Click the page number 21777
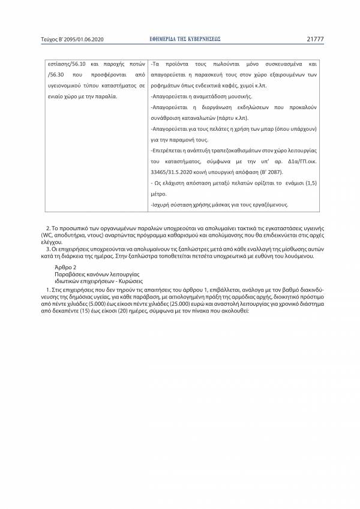tap(314, 39)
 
